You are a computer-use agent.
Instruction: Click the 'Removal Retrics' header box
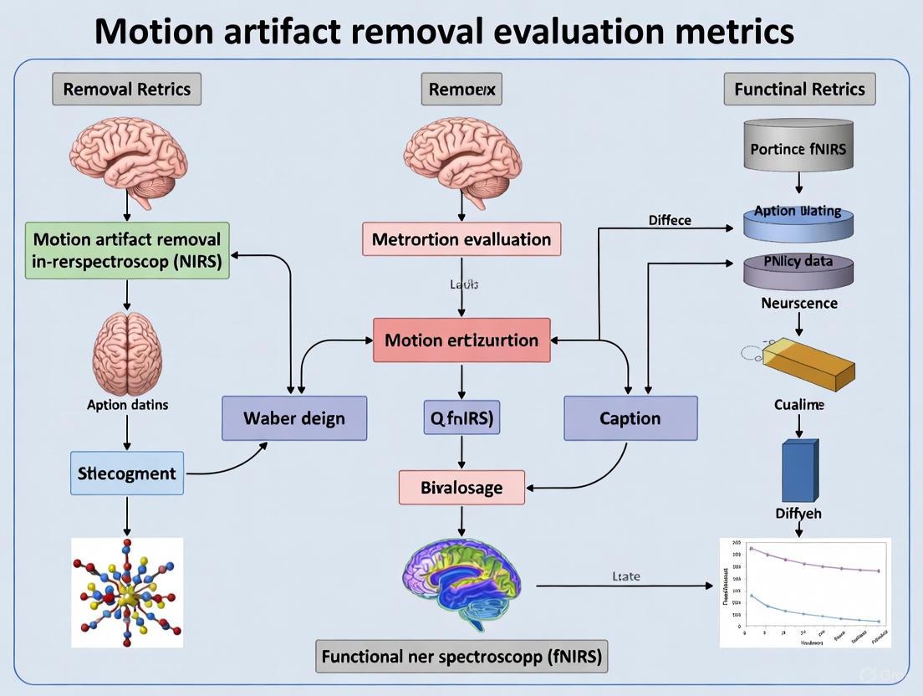[x=126, y=89]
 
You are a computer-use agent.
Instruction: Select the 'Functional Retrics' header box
[x=799, y=89]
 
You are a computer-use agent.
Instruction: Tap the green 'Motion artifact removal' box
[x=127, y=249]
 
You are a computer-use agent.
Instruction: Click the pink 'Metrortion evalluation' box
[x=461, y=239]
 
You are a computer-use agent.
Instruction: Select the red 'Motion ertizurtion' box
[x=461, y=340]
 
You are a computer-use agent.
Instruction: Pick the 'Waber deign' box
[x=294, y=418]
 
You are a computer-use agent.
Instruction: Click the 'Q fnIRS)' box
[x=461, y=417]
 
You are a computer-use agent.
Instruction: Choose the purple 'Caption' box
[x=630, y=418]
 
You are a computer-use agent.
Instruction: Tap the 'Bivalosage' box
[x=461, y=487]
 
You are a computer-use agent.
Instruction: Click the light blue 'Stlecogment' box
[x=127, y=473]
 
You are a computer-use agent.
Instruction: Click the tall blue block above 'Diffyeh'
[x=798, y=471]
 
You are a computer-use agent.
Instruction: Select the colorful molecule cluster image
[x=127, y=592]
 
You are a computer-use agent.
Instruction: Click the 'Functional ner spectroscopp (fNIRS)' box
[x=461, y=656]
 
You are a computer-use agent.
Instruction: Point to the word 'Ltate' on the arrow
[x=625, y=576]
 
